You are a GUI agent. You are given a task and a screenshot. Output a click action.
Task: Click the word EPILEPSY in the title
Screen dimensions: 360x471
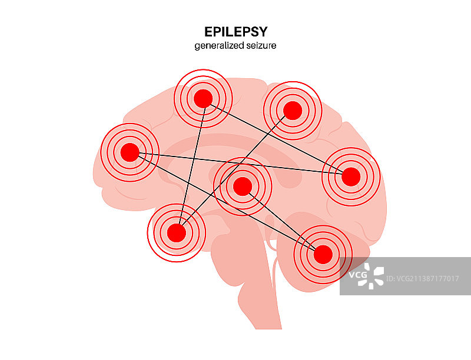pyautogui.click(x=235, y=31)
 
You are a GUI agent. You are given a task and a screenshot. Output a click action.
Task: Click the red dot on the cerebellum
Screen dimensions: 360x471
pyautogui.click(x=323, y=255)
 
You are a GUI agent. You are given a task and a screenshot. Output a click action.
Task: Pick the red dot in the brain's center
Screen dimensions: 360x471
pyautogui.click(x=242, y=186)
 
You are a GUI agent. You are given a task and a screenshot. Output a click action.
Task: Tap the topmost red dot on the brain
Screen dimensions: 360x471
pyautogui.click(x=203, y=98)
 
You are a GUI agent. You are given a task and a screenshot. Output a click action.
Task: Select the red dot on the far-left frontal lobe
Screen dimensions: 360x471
pyautogui.click(x=130, y=153)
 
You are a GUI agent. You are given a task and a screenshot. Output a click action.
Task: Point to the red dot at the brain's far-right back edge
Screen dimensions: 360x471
pyautogui.click(x=351, y=176)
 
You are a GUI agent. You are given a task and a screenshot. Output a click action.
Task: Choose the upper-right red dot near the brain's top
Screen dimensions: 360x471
pyautogui.click(x=292, y=110)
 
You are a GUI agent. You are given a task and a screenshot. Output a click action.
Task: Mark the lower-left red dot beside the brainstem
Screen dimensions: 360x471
pyautogui.click(x=176, y=233)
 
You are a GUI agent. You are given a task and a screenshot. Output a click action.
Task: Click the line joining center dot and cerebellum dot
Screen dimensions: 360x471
pyautogui.click(x=283, y=221)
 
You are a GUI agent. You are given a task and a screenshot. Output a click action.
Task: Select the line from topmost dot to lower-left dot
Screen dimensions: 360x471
pyautogui.click(x=190, y=165)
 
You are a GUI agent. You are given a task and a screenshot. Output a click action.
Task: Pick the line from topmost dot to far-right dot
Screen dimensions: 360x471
pyautogui.click(x=277, y=137)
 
